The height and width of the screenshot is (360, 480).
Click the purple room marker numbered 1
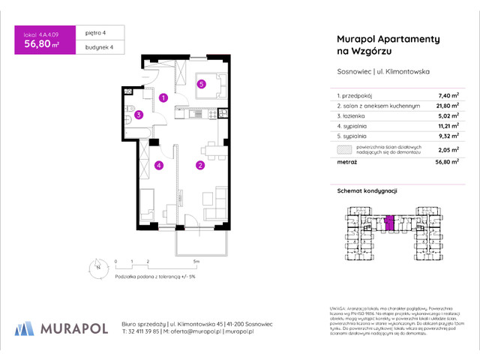tap(163, 97)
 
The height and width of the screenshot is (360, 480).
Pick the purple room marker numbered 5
tap(202, 84)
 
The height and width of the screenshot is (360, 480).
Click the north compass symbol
tap(97, 266)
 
